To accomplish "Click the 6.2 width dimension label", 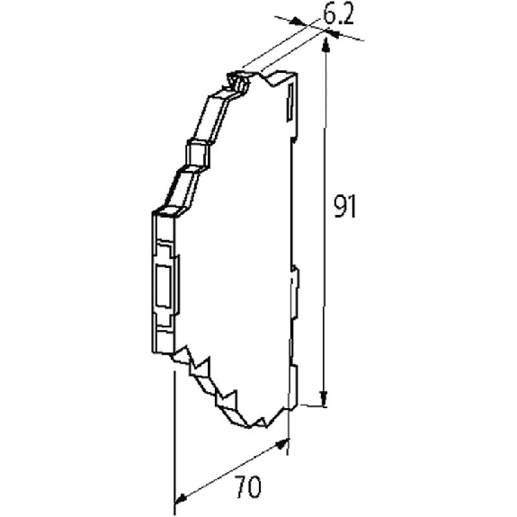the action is click(x=338, y=14).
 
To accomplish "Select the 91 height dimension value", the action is click(x=345, y=207).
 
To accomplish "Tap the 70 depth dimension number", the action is click(x=248, y=486).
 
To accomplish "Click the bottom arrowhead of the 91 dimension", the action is click(x=324, y=398).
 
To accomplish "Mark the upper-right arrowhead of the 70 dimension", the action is click(x=281, y=444).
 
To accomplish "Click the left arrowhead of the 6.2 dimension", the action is click(x=297, y=22).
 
